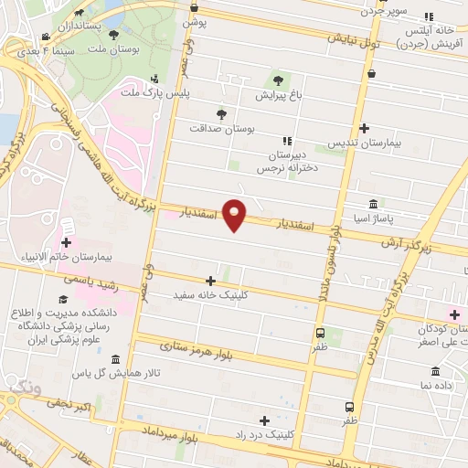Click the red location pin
236,215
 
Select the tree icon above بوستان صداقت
220,114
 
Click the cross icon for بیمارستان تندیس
365,129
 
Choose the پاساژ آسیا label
374,219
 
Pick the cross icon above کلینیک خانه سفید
211,281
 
